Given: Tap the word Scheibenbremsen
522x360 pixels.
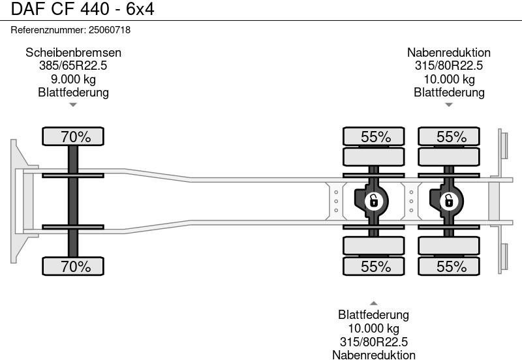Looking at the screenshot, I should pyautogui.click(x=73, y=53).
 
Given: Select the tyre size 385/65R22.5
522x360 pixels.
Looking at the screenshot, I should pyautogui.click(x=73, y=66).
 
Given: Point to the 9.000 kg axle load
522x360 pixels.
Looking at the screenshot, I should pyautogui.click(x=73, y=80).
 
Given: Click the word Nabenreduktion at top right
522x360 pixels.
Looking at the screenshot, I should pyautogui.click(x=449, y=53).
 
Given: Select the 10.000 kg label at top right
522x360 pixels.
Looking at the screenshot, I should pyautogui.click(x=449, y=80).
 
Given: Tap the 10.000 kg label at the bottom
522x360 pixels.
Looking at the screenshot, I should pyautogui.click(x=373, y=329).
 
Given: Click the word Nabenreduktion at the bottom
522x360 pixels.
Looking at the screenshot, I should pyautogui.click(x=373, y=355).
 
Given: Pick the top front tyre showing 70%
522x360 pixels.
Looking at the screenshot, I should pyautogui.click(x=73, y=137).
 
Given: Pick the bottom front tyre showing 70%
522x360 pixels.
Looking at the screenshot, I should pyautogui.click(x=73, y=266).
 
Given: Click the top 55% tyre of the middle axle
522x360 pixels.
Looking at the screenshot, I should pyautogui.click(x=374, y=137).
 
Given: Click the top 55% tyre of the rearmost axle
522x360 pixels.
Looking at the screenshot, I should pyautogui.click(x=449, y=137).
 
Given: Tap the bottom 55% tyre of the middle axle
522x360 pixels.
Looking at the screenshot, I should pyautogui.click(x=374, y=266).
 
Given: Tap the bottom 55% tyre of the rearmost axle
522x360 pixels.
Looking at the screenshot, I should pyautogui.click(x=449, y=266).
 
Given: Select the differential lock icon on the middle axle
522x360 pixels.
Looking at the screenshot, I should pyautogui.click(x=374, y=201).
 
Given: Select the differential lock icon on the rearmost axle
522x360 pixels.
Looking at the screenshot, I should pyautogui.click(x=449, y=201).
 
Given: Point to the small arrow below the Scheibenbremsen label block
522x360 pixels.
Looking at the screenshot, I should pyautogui.click(x=73, y=104).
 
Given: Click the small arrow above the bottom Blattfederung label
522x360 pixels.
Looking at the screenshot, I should pyautogui.click(x=373, y=303).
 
